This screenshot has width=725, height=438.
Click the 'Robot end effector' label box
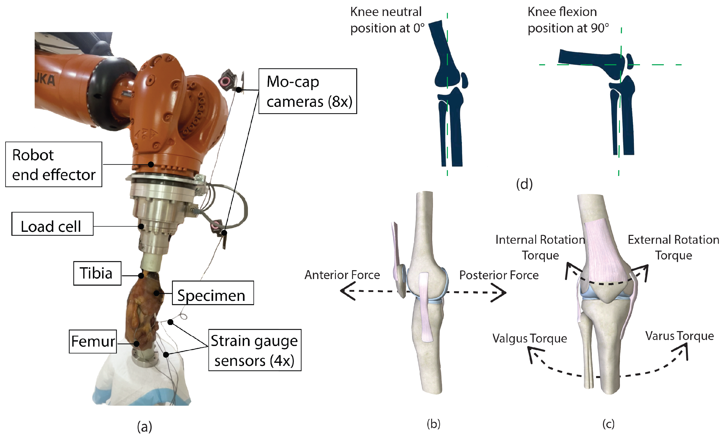click(54, 165)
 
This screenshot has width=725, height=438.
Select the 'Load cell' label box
click(52, 224)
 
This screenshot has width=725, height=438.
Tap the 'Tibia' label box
click(97, 273)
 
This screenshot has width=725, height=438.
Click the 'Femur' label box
click(93, 342)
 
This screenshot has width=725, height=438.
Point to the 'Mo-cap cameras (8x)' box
click(308, 91)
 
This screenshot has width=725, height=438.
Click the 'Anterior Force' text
click(342, 275)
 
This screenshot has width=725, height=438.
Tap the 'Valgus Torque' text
click(530, 338)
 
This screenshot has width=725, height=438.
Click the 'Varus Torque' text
click(680, 336)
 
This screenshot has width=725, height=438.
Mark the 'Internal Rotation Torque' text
click(540, 248)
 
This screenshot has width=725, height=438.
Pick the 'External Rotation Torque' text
click(673, 248)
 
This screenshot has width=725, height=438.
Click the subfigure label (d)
click(524, 184)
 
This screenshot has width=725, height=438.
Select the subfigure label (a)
click(144, 427)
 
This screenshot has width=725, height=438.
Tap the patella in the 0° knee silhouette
click(464, 80)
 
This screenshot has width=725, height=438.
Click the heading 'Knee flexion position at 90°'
click(568, 20)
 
